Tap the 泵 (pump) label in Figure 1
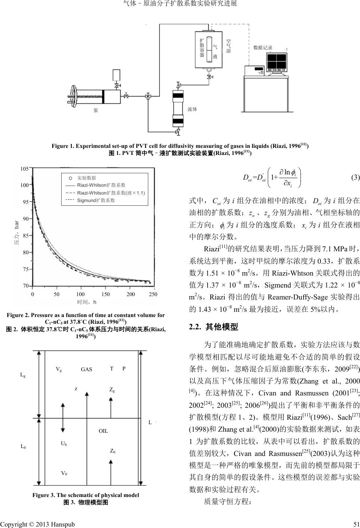tap(96, 110)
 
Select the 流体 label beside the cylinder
tap(192, 109)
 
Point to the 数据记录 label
tap(263, 48)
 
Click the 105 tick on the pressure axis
tap(24, 168)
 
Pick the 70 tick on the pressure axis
tap(25, 286)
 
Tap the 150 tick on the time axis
tap(106, 294)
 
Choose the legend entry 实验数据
tap(86, 178)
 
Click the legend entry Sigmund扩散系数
tap(96, 201)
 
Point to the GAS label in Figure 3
tap(86, 369)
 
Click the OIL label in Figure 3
tap(103, 431)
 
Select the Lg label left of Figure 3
tap(23, 375)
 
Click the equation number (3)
tap(355, 177)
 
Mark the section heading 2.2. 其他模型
tap(213, 327)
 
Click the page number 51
tap(356, 524)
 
